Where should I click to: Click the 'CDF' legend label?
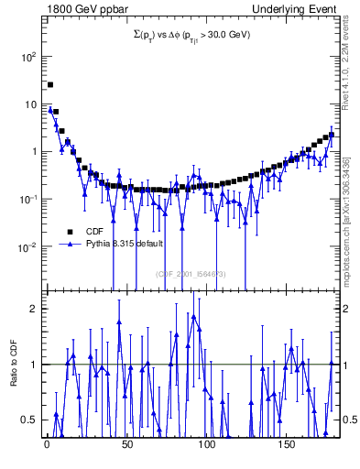pyautogui.click(x=94, y=232)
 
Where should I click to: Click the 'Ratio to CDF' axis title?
pyautogui.click(x=14, y=377)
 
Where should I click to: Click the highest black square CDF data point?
pyautogui.click(x=50, y=84)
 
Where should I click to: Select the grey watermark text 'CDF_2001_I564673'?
pyautogui.click(x=190, y=273)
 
